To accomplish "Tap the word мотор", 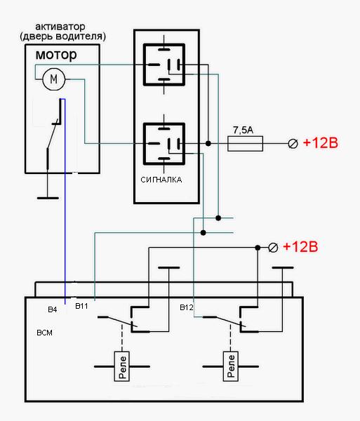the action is pos(56,55).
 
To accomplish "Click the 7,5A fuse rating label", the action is pos(243,131).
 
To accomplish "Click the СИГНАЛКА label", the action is pos(161,180).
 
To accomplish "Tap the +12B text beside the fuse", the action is pos(320,143).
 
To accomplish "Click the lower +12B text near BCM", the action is pos(300,247).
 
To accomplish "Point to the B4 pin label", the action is pos(53,309).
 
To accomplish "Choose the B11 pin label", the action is pos(81,306).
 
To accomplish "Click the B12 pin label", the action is pos(186,307).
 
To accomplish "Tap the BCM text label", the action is pos(44,333).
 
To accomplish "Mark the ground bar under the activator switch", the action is pos(48,198).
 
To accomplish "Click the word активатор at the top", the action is pos(60,27).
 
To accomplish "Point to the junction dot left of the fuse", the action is pos(208,144).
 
